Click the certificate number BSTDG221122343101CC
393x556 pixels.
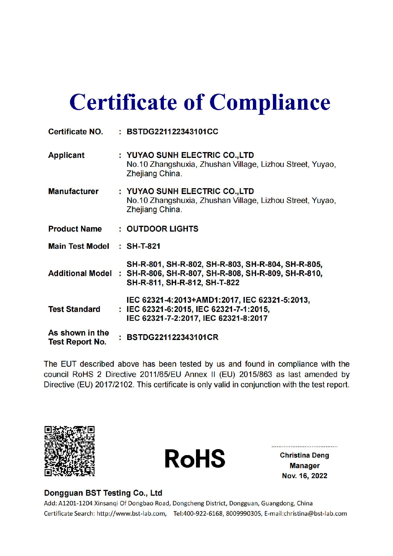(172, 131)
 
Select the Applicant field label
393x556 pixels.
(66, 155)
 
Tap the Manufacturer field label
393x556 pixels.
(73, 191)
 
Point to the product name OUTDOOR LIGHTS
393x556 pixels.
(162, 229)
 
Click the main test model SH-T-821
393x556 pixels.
(143, 246)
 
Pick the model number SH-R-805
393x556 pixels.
(304, 264)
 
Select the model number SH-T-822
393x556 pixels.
(222, 283)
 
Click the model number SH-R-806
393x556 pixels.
(144, 274)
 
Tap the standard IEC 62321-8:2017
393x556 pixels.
(235, 318)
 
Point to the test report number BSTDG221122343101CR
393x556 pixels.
(172, 337)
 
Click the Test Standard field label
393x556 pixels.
(74, 309)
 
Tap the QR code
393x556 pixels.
(69, 451)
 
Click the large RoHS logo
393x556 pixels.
(195, 458)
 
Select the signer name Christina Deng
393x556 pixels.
(304, 455)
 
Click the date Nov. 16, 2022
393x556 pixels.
(305, 476)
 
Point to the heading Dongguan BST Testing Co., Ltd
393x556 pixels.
(103, 493)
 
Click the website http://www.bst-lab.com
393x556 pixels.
(131, 514)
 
